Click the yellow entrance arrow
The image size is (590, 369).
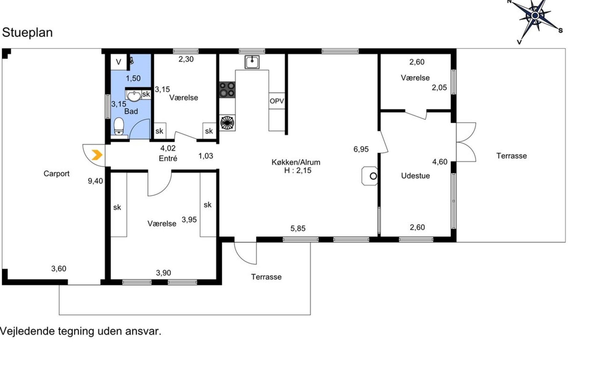(x=97, y=155)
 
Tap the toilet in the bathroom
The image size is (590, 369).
(x=119, y=127)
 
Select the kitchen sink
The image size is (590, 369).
(x=252, y=62)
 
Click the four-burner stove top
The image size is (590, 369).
(x=227, y=90)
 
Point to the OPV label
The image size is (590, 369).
(x=277, y=101)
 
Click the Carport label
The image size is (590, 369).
(x=57, y=174)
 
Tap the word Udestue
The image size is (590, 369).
(x=415, y=176)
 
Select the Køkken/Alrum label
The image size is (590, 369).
(x=296, y=162)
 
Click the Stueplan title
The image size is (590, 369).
(x=27, y=33)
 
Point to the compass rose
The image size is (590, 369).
(x=535, y=16)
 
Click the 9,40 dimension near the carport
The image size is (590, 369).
(x=95, y=181)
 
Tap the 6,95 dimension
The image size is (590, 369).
(x=361, y=149)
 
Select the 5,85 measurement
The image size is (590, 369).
(x=298, y=228)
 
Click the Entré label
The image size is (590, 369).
(x=168, y=158)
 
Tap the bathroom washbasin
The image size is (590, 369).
(x=134, y=95)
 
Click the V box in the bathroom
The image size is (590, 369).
(x=119, y=62)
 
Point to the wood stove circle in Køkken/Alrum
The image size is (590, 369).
(x=373, y=176)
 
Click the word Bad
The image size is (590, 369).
(x=131, y=111)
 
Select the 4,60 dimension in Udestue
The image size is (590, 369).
(x=440, y=162)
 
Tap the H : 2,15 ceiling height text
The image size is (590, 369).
(x=298, y=171)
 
